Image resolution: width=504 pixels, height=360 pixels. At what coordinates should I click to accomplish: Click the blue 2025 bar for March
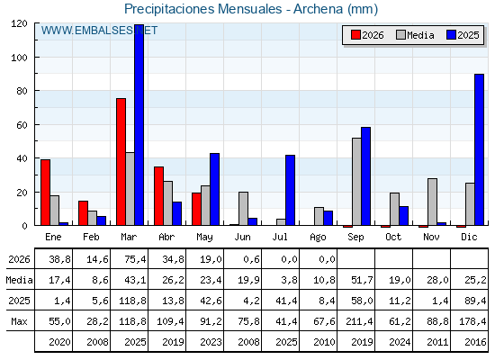139,125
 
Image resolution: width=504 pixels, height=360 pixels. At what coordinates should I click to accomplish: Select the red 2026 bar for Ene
45,193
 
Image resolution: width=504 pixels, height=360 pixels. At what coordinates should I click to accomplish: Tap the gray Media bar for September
356,182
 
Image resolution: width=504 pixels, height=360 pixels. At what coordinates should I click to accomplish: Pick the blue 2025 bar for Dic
479,149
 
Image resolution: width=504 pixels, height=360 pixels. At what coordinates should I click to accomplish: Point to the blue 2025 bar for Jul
290,190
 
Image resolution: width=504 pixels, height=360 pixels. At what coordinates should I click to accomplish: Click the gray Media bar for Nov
432,202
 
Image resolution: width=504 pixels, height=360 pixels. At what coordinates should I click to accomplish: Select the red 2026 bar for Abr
158,196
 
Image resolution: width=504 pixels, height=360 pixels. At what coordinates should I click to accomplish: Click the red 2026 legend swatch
355,35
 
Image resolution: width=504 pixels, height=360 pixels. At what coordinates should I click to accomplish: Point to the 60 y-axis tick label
22,125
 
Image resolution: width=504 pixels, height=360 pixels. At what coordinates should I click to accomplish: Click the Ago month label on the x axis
318,238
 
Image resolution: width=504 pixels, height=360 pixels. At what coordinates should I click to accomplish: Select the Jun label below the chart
242,238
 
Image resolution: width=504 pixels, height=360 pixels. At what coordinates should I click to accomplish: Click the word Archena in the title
318,9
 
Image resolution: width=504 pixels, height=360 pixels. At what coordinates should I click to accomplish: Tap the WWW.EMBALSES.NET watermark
99,31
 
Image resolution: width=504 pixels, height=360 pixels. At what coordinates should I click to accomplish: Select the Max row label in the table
19,321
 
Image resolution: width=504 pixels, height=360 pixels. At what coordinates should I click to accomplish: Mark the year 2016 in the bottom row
475,342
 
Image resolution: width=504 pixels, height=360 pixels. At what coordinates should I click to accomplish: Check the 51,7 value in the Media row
362,280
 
